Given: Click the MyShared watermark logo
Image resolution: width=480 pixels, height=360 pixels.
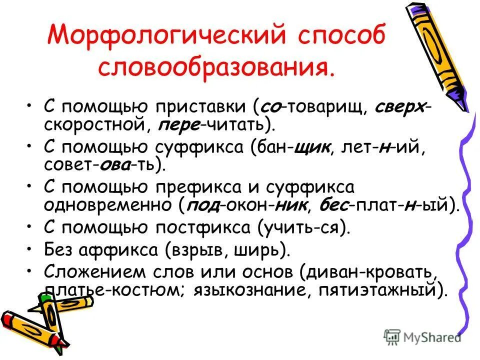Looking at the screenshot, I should click(422, 337).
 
